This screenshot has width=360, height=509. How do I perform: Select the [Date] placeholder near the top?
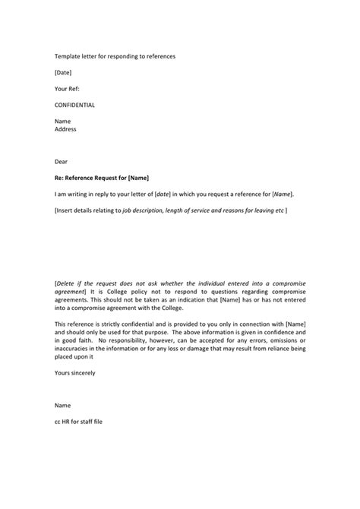(x=64, y=73)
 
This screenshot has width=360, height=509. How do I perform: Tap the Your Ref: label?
(x=68, y=89)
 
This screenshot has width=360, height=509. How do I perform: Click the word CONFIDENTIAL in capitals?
(x=75, y=105)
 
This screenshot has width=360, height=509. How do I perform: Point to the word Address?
(x=66, y=129)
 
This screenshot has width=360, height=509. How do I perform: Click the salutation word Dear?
(x=62, y=161)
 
